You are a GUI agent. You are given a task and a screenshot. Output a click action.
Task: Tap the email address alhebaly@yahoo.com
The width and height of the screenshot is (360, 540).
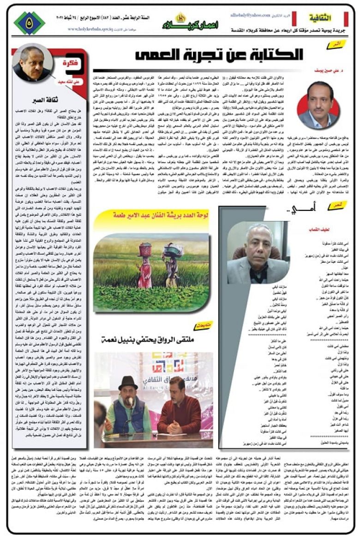pyautogui.click(x=252, y=15)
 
